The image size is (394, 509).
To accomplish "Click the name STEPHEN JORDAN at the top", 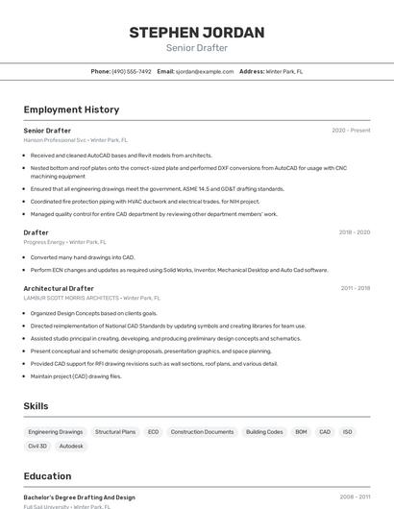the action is pos(197,33).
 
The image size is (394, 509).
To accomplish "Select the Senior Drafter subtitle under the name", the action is pos(197,48).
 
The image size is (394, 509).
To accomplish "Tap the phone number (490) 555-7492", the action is pos(132,71).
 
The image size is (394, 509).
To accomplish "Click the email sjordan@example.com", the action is pos(205,71).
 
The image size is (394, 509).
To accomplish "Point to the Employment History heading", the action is pos(71,109).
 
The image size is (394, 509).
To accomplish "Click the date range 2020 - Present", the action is pos(351,130).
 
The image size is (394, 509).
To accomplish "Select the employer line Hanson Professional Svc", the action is pos(75,140).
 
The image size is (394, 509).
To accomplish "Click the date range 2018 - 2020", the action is pos(354,232).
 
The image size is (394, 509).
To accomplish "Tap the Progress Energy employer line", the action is pos(62,242).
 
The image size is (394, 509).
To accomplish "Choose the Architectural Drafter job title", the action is pos(59,288).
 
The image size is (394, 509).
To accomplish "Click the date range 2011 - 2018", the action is pos(355,288).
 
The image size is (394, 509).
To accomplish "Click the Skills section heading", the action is pos(36,406).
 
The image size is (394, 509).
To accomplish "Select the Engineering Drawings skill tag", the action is pos(56,432).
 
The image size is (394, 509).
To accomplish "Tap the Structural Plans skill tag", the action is pos(115,432).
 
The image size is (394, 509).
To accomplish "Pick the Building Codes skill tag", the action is pos(264,432).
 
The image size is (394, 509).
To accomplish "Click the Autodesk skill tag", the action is pos(71,447).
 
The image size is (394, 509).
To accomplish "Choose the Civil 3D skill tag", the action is pos(37,447).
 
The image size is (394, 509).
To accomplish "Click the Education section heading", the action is pos(47,476).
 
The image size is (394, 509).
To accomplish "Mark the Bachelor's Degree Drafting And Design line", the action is pos(79,497).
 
